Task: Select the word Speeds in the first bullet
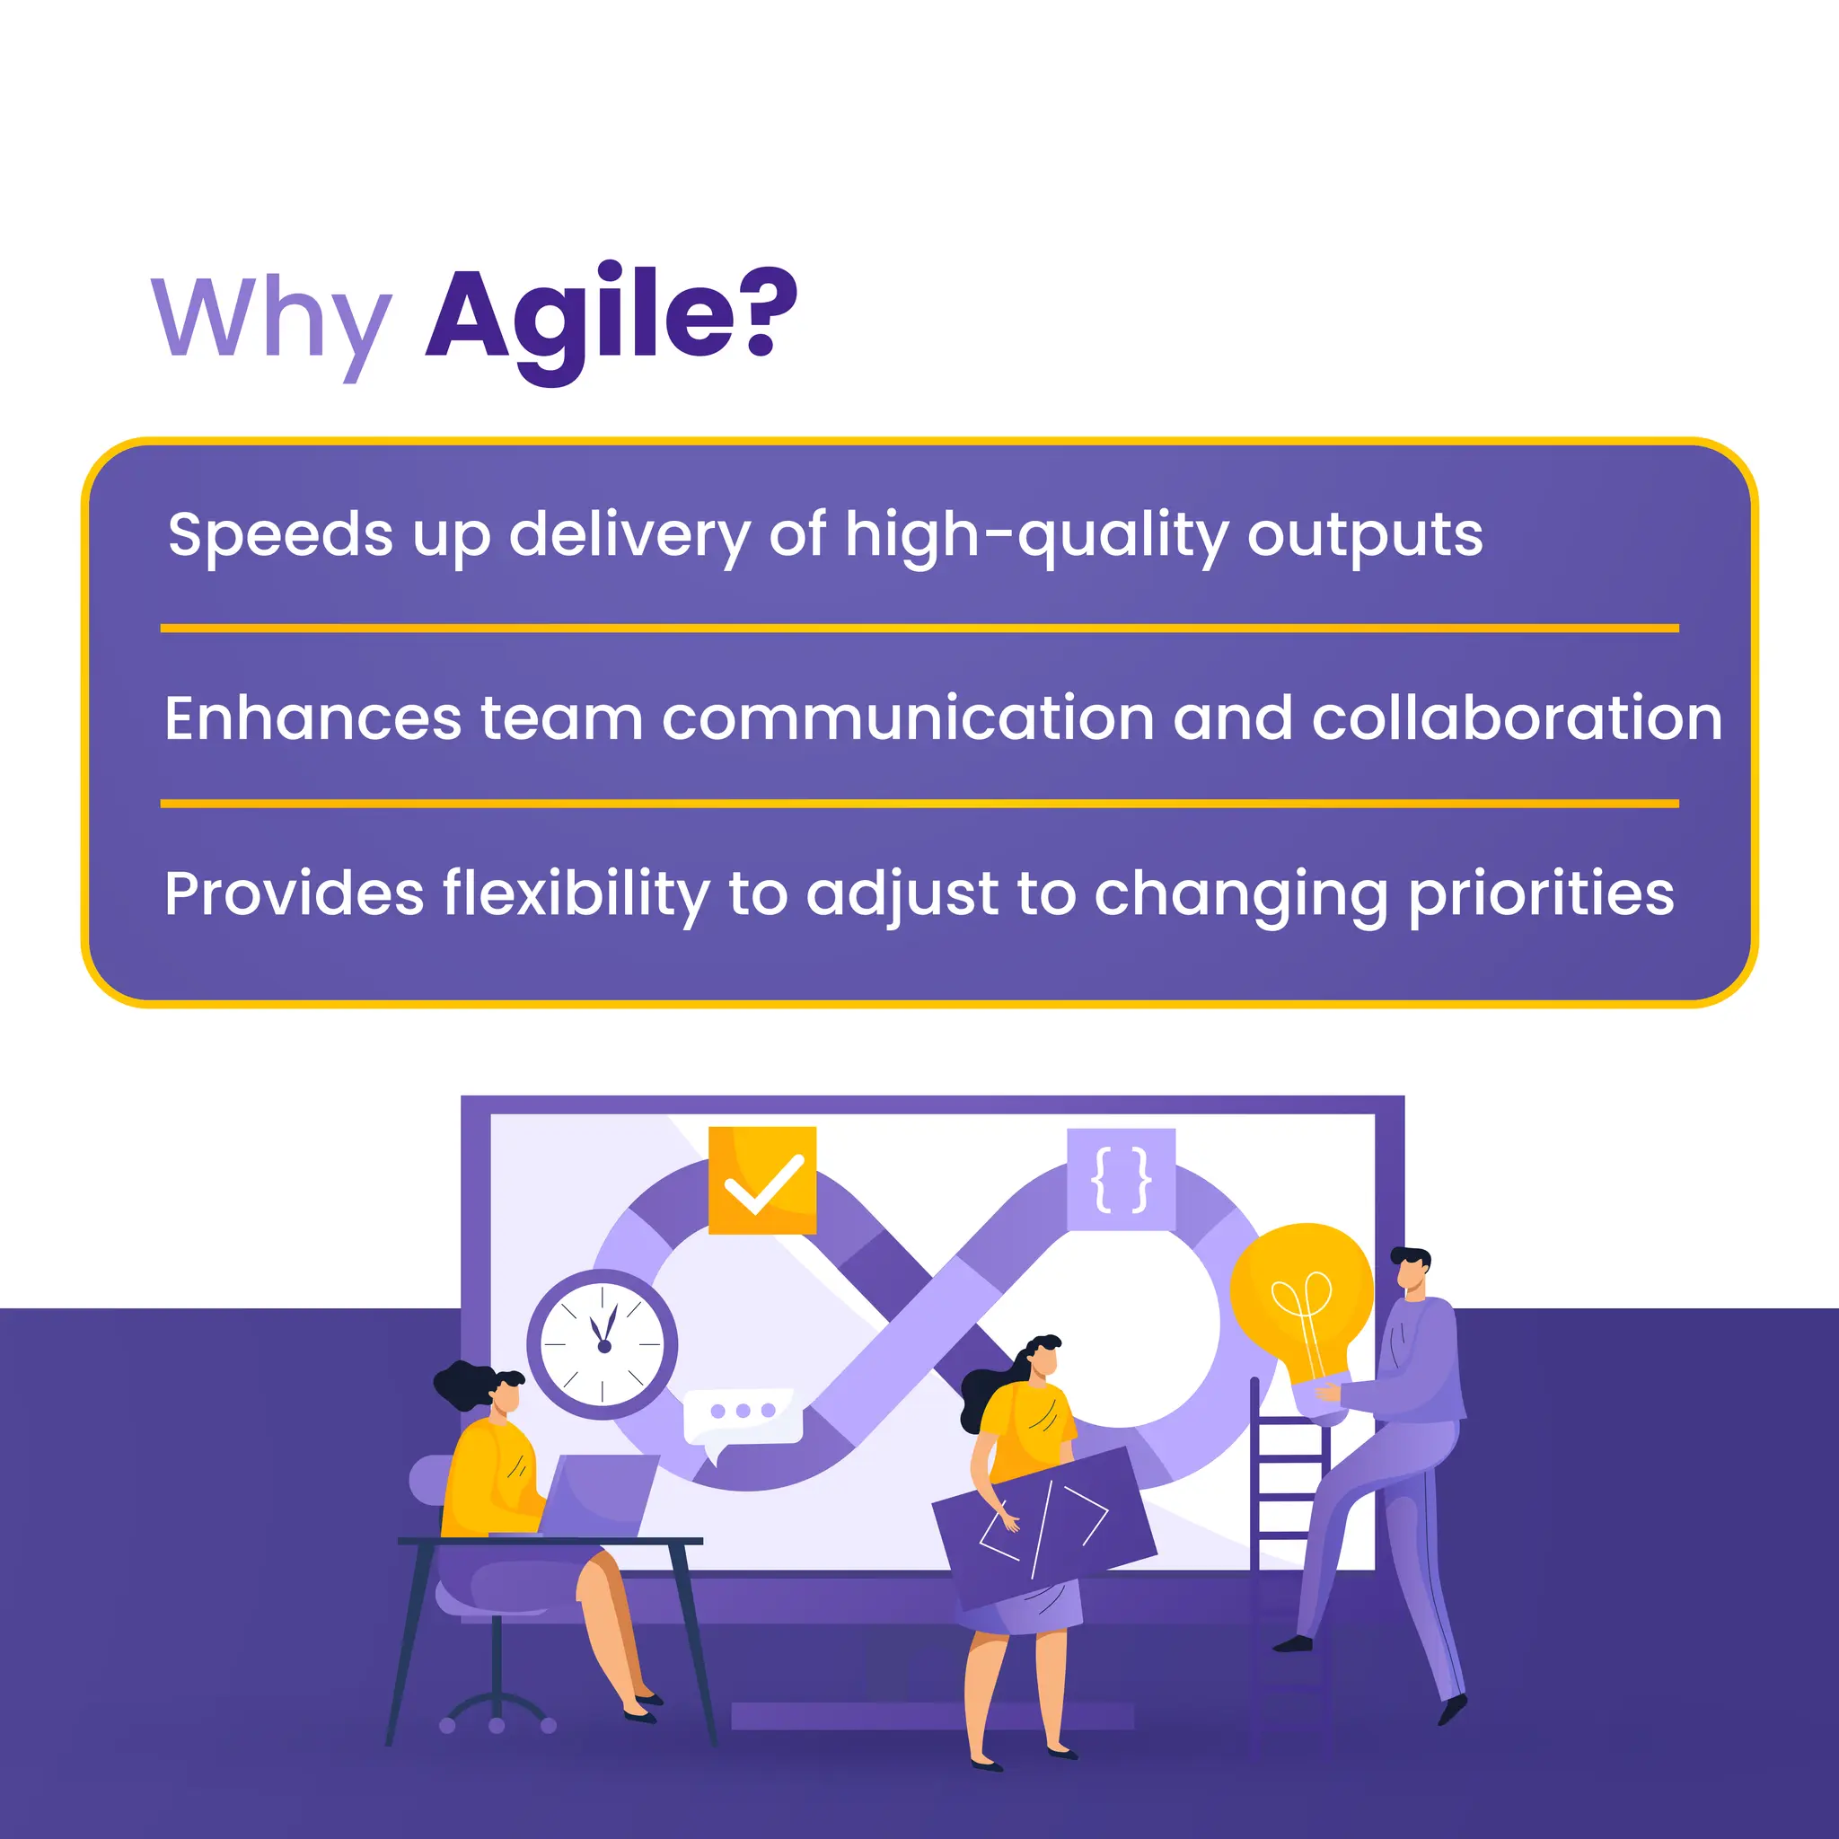[x=280, y=534]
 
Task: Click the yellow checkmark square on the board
[x=762, y=1180]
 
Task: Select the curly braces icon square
[x=1121, y=1180]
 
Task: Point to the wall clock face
[x=603, y=1344]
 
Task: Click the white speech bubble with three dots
[x=743, y=1412]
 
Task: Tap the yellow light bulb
[x=1301, y=1299]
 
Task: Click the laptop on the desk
[x=600, y=1494]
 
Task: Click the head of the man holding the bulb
[x=1410, y=1271]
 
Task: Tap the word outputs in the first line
[x=1364, y=534]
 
